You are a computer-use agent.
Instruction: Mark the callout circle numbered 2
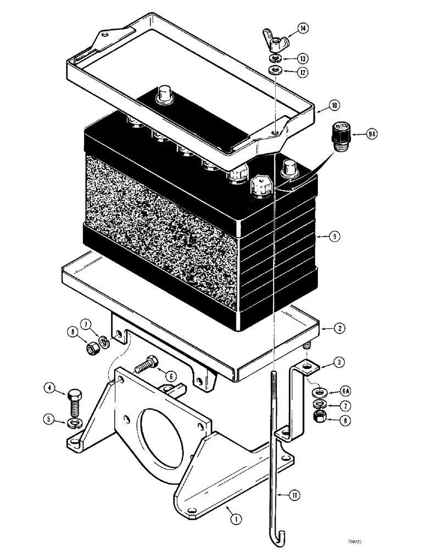pyautogui.click(x=340, y=328)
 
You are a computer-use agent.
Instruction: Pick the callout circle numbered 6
pyautogui.click(x=170, y=377)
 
